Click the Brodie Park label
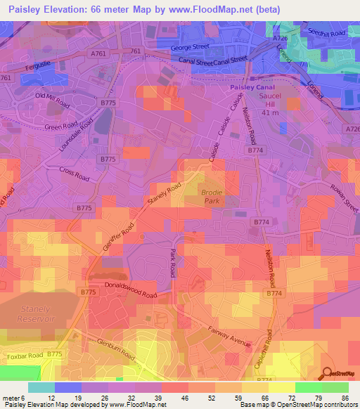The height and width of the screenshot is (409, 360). [x=211, y=197]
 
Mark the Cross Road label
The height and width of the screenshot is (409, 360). [x=75, y=173]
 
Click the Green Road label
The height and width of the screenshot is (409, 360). [x=60, y=126]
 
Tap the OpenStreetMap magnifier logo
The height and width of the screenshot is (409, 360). [x=325, y=373]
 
